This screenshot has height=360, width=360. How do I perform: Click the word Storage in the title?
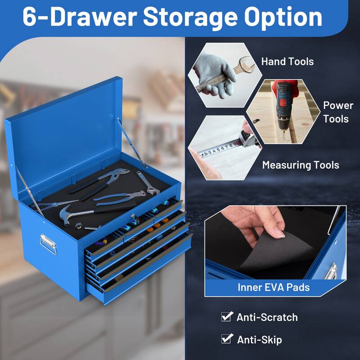(x=191, y=17)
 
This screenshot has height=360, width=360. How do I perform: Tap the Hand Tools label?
(x=287, y=61)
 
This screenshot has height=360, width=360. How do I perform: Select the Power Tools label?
(x=338, y=112)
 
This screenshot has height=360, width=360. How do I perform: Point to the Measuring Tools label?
(x=300, y=165)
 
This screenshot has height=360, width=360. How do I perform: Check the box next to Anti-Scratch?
(x=226, y=317)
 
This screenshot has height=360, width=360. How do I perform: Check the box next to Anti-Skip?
(x=226, y=339)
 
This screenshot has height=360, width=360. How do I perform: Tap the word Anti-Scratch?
(x=267, y=317)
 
